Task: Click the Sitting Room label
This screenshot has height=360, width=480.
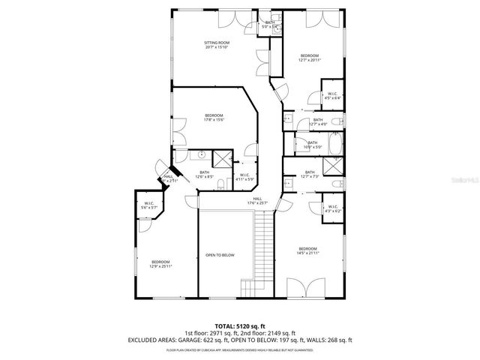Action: [217, 43]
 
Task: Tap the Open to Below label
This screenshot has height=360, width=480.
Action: [220, 255]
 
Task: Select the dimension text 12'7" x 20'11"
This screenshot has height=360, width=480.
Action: [310, 61]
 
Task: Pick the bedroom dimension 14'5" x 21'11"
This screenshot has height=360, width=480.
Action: [308, 253]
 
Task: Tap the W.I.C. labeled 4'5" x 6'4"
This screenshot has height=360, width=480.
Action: [332, 96]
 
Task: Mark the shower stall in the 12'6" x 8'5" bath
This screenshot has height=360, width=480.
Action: [223, 158]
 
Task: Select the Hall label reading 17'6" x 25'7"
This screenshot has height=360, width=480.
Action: [257, 200]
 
